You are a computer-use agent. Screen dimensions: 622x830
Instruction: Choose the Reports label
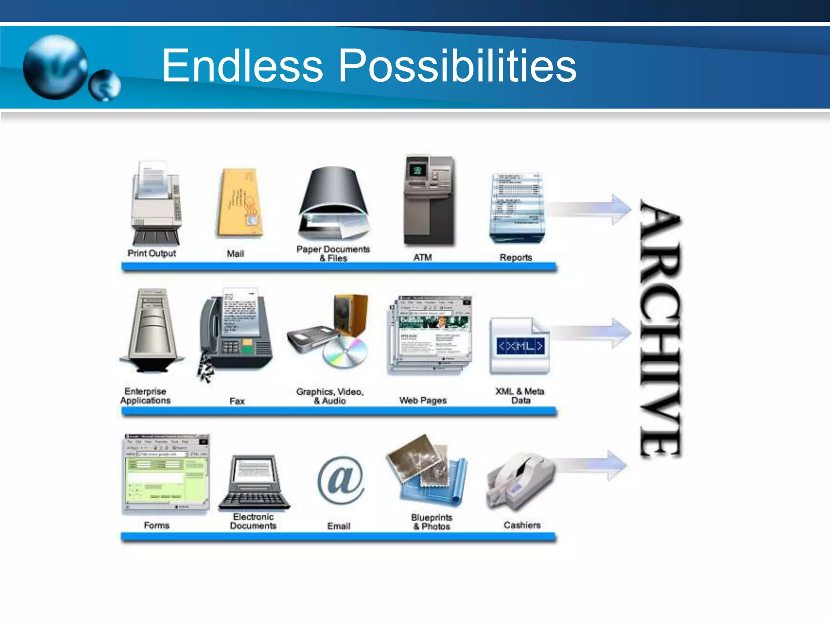[x=516, y=258]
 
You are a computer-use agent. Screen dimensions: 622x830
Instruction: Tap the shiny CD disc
[x=345, y=352]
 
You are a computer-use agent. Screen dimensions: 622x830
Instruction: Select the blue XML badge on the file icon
[x=520, y=346]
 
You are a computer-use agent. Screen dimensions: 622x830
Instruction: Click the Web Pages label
[x=423, y=400]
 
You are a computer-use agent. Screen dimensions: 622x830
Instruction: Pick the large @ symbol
[x=340, y=480]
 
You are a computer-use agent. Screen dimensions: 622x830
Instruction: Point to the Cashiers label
[x=522, y=525]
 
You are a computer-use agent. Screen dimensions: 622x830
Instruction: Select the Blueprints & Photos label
[x=432, y=522]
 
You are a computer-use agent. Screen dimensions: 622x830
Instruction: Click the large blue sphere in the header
[x=55, y=67]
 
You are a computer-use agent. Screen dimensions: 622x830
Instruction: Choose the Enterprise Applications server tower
[x=152, y=330]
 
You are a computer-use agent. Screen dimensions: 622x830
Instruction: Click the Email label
[x=339, y=526]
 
